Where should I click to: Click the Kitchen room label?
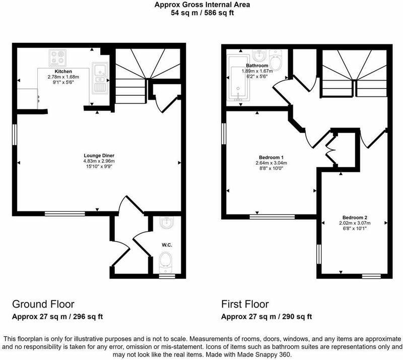pos(63,71)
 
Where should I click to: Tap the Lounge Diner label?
pos(99,155)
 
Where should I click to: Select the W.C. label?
pos(167,245)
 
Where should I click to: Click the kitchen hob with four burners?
pos(57,58)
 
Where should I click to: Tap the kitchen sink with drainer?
pos(100,78)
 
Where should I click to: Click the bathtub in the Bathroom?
pos(238,77)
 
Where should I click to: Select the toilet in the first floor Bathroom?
pos(276,60)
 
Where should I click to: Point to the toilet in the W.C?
pos(166,263)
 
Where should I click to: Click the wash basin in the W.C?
pos(167,222)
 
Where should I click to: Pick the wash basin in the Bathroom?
pos(259,55)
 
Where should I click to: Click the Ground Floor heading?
pos(43,304)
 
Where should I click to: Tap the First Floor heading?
pos(245,304)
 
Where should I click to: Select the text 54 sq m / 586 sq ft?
pos(203,13)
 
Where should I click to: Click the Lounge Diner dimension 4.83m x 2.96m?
pos(99,161)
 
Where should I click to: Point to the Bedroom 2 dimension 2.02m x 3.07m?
pos(355,223)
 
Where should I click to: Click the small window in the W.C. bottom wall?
pos(167,276)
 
